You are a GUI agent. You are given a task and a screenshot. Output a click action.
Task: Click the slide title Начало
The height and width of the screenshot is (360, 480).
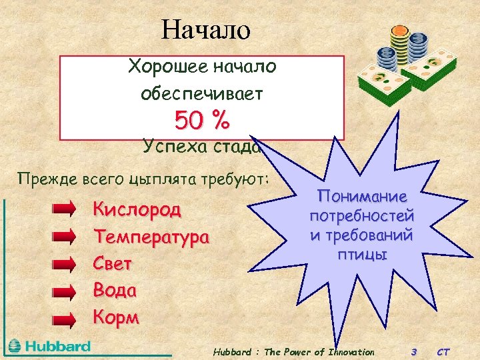pos(205,29)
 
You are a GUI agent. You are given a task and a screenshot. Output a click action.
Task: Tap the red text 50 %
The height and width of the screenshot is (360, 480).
pos(202,121)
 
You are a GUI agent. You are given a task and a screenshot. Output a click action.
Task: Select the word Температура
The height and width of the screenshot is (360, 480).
pos(151,237)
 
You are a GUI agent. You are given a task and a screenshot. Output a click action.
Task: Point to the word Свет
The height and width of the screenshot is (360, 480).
pos(113,264)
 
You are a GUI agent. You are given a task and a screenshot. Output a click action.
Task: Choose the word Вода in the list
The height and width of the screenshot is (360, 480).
pos(115,291)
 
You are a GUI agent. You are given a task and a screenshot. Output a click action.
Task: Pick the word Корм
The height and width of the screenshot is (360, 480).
pos(117,318)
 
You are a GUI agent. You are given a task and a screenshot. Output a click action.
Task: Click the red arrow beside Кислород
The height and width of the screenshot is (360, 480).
pos(65,209)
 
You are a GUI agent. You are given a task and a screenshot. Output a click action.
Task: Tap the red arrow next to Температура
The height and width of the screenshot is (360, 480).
pos(65,237)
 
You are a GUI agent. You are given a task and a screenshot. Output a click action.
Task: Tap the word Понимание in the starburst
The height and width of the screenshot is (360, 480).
pos(361,198)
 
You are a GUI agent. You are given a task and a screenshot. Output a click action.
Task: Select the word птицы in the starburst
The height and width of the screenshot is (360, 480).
pos(361,255)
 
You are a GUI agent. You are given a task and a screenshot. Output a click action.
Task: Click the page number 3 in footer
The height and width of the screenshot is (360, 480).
pos(414,352)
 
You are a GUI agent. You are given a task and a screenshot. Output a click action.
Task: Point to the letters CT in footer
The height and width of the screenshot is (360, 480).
pos(443,352)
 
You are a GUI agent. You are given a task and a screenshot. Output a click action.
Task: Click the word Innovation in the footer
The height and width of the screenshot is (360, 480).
pos(348,352)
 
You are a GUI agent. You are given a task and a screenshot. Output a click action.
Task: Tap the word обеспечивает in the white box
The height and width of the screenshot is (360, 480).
pos(202,94)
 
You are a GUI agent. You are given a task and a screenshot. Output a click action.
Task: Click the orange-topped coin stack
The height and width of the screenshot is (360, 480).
pos(400,43)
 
